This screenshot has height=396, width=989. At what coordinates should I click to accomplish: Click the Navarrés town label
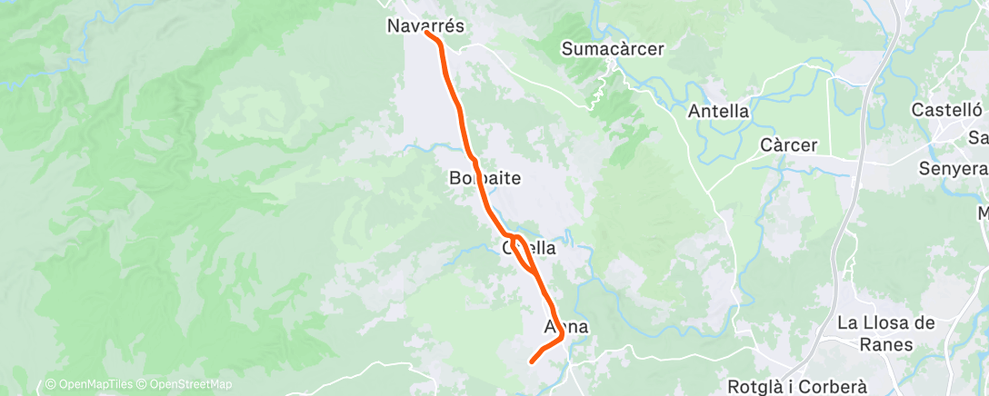tap(425, 26)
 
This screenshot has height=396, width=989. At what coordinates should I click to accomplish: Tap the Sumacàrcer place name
tap(613, 49)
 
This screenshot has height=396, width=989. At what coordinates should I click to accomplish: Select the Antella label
tap(718, 112)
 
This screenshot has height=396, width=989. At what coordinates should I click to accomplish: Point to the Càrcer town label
tap(789, 145)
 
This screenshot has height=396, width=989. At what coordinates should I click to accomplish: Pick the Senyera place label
tap(953, 170)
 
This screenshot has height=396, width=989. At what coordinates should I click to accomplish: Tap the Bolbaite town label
tap(485, 178)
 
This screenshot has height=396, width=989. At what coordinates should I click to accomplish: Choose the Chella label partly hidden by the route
tap(528, 247)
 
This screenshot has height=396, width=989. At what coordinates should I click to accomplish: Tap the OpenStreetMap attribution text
tap(188, 385)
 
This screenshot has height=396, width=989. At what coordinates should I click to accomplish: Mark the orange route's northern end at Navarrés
tap(426, 34)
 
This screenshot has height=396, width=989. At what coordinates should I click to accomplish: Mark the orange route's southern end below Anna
tap(532, 361)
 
